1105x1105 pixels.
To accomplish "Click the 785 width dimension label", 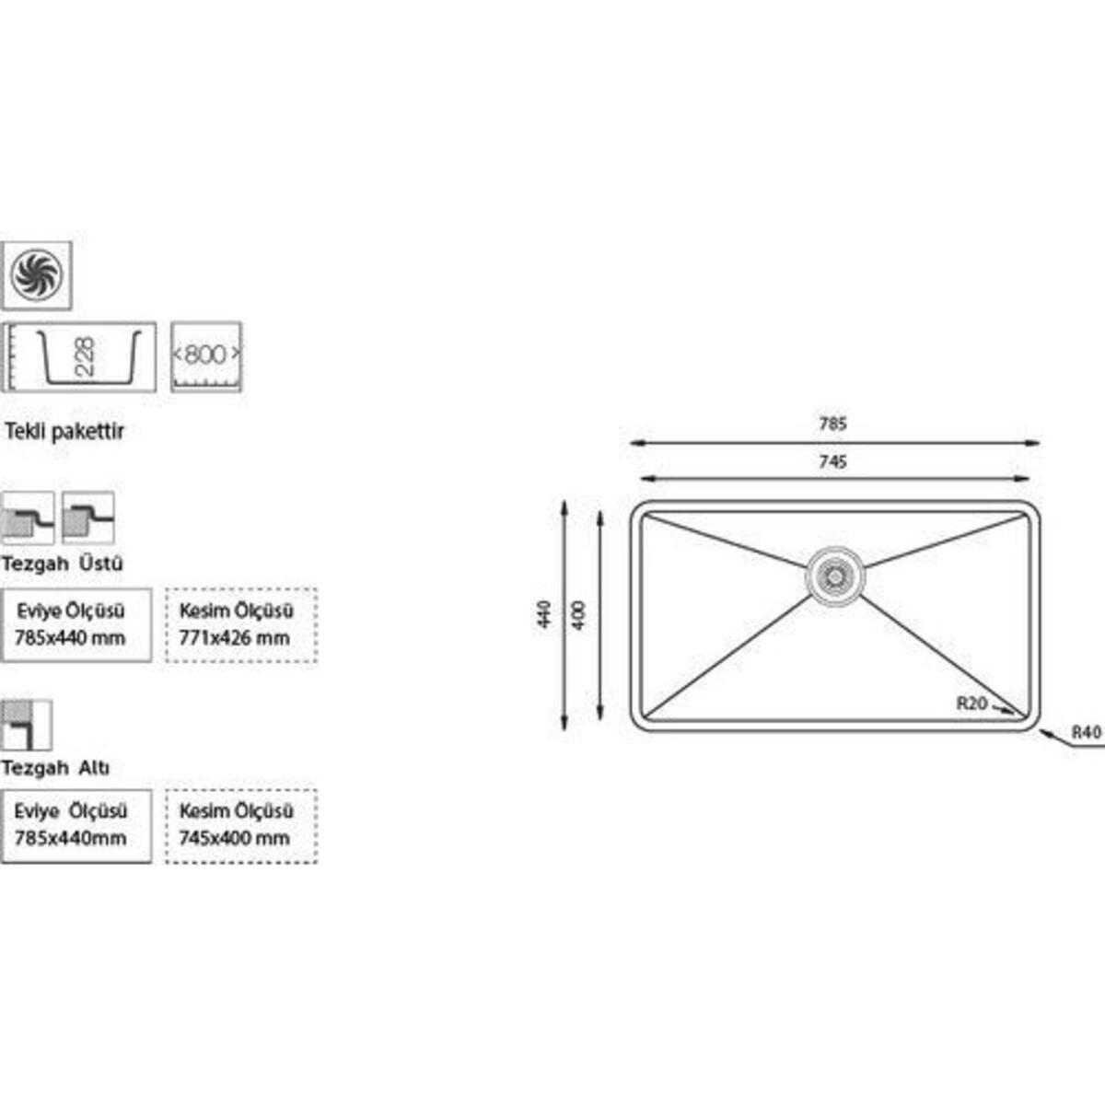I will point(832,425).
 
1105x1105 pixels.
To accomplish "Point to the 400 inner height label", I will point(579,614).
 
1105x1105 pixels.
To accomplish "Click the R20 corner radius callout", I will point(972,704).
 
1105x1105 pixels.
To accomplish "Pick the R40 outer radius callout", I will point(1087,733).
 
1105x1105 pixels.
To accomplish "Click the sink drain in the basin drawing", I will point(835,576).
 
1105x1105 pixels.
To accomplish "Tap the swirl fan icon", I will point(36,274).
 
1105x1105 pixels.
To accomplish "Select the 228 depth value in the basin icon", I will point(85,355).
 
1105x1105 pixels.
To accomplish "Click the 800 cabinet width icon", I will point(206,355).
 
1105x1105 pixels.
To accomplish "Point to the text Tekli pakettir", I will point(64,431).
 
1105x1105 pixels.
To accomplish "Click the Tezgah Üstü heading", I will point(62,563).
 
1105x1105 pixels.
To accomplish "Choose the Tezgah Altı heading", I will point(56,767).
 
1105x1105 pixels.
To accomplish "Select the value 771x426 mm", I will point(235,637).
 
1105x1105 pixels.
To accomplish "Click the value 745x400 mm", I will point(235,838).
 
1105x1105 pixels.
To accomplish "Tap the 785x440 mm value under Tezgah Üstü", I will point(70,637).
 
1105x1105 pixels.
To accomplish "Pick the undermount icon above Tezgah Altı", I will point(26,725).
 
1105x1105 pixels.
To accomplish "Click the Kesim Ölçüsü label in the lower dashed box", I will point(237,811).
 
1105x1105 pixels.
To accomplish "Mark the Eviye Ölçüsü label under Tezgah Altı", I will point(71,811).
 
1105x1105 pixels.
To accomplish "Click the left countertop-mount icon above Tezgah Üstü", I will point(28,518).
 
